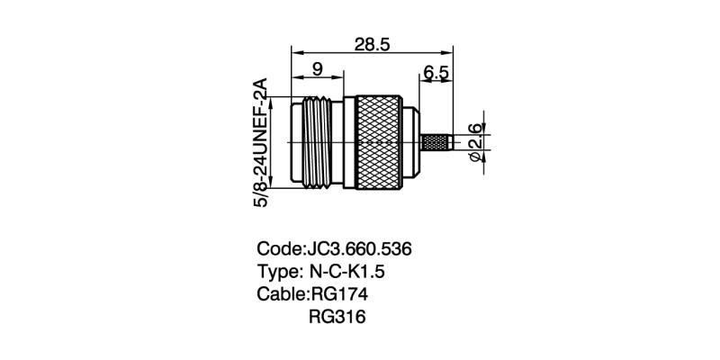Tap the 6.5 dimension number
[436, 74]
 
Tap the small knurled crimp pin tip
[437, 142]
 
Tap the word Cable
[281, 294]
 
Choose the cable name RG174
[339, 294]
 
